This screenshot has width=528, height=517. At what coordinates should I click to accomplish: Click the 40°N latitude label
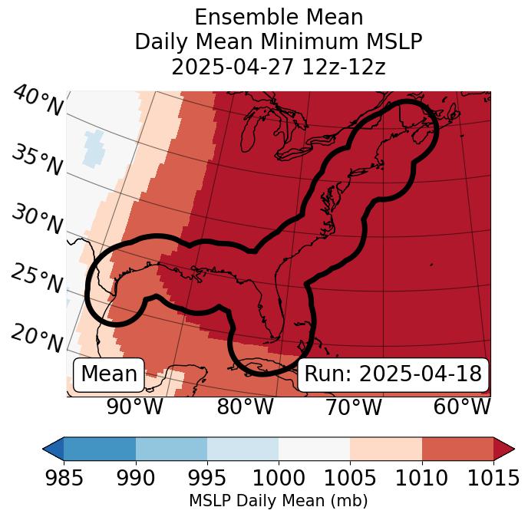[37, 101]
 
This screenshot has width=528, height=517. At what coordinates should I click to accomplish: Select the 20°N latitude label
[37, 338]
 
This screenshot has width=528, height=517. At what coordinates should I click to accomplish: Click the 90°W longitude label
[135, 407]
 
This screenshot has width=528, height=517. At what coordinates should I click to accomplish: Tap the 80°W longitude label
[246, 407]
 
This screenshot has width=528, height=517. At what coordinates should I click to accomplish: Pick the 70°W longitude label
[353, 407]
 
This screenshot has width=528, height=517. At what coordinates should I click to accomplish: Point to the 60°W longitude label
[462, 407]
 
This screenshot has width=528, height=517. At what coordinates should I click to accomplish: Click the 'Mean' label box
[109, 374]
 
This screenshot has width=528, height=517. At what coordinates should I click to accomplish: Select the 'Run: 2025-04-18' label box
[393, 374]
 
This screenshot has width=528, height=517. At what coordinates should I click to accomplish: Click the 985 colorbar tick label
[64, 478]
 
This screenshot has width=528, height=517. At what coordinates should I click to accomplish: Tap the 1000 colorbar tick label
[279, 478]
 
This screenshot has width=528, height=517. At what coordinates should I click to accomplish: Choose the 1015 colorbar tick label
[493, 478]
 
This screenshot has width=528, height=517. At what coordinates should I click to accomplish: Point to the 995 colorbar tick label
[207, 478]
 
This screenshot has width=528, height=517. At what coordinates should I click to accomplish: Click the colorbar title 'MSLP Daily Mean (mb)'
[279, 501]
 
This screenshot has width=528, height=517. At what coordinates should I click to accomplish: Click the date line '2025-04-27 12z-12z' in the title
[279, 67]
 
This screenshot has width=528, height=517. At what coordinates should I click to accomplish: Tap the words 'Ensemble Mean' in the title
[279, 17]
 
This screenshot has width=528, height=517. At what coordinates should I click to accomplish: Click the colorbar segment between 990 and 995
[171, 449]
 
